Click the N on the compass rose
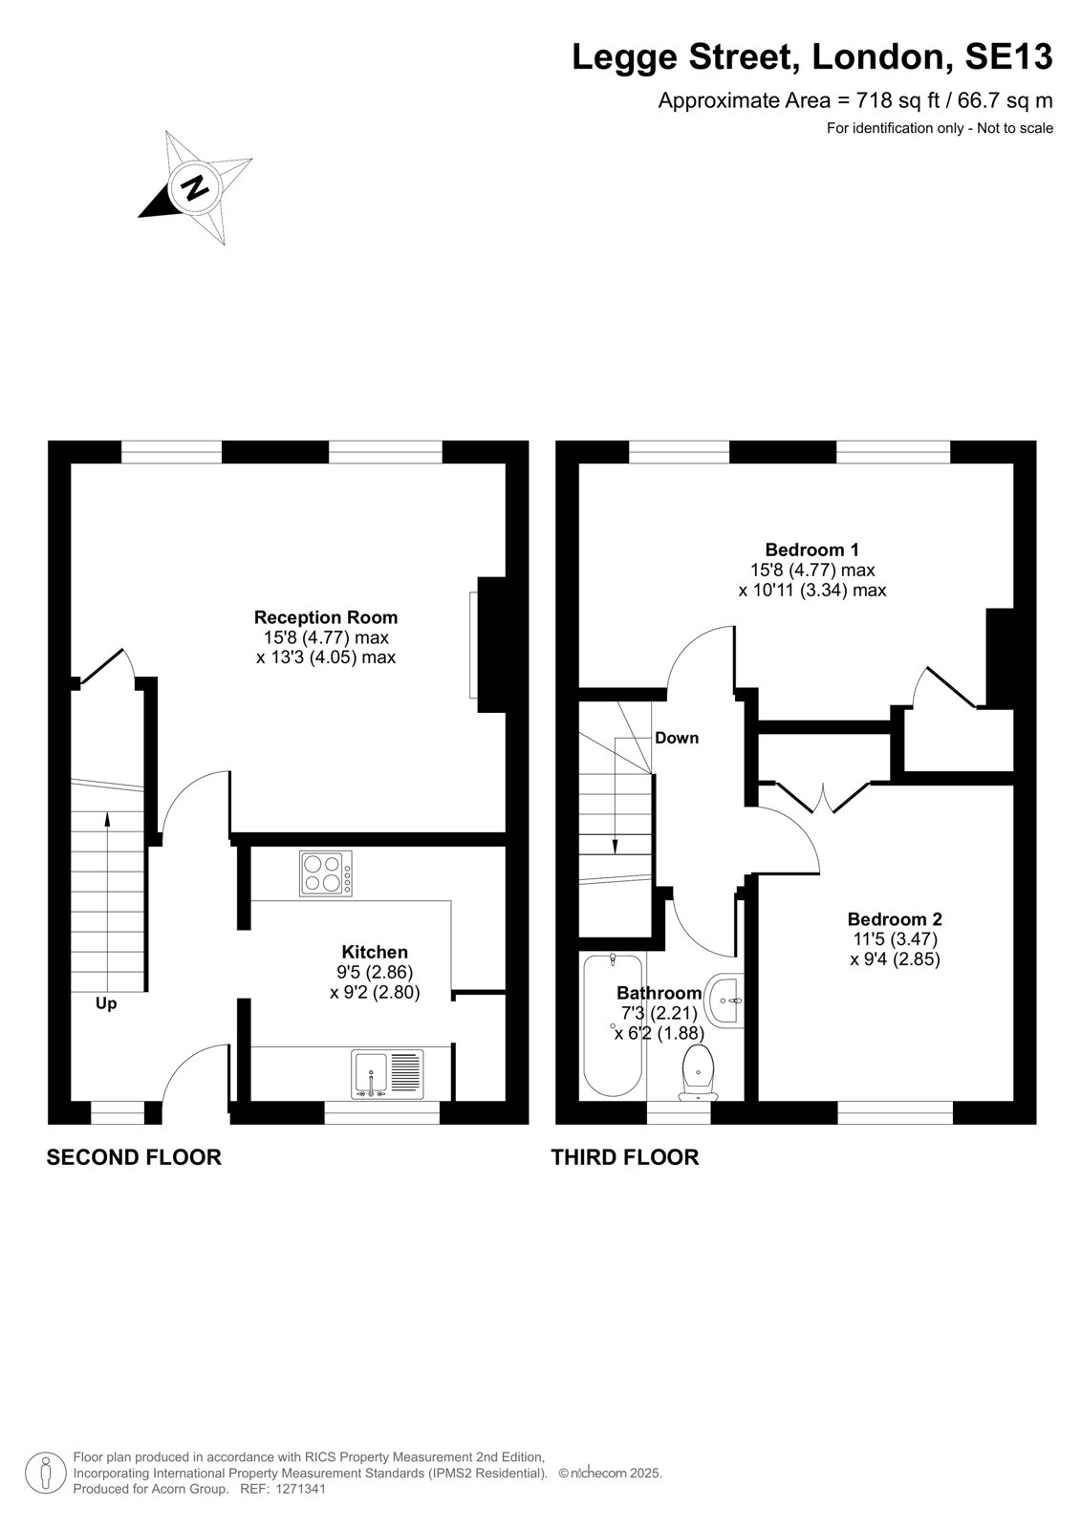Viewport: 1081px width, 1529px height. tap(197, 185)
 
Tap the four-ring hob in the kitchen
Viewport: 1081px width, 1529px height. tap(326, 873)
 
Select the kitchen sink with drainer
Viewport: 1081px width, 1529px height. tap(387, 1074)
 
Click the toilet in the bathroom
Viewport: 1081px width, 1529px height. tap(698, 1072)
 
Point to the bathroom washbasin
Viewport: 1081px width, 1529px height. tap(724, 1001)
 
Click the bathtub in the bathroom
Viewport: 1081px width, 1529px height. tap(613, 1024)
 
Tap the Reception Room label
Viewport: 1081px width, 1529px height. tap(326, 617)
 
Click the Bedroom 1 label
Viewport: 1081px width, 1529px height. tap(812, 549)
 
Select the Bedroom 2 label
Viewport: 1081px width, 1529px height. tap(895, 918)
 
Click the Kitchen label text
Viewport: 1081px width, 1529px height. tap(375, 952)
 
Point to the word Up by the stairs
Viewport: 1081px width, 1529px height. tap(106, 1003)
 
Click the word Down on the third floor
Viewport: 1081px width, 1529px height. tap(677, 738)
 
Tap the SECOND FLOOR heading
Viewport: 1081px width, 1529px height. tap(134, 1157)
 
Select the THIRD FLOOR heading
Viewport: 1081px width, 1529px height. tap(625, 1157)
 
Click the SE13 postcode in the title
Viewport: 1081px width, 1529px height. tap(1008, 56)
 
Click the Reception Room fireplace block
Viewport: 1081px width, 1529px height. tap(491, 645)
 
